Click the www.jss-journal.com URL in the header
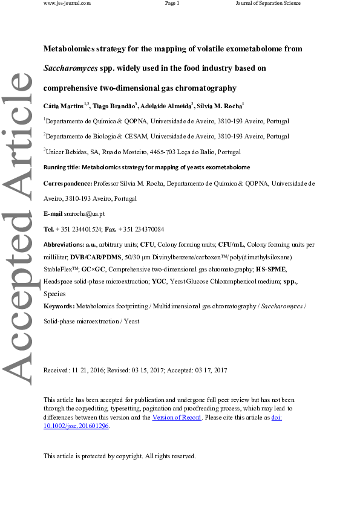[67, 4]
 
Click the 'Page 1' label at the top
[172, 4]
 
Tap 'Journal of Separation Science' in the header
[268, 4]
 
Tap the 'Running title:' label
[62, 167]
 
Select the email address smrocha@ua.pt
[85, 214]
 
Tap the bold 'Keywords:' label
[59, 307]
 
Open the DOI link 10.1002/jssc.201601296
[77, 426]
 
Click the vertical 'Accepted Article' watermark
[19, 230]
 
